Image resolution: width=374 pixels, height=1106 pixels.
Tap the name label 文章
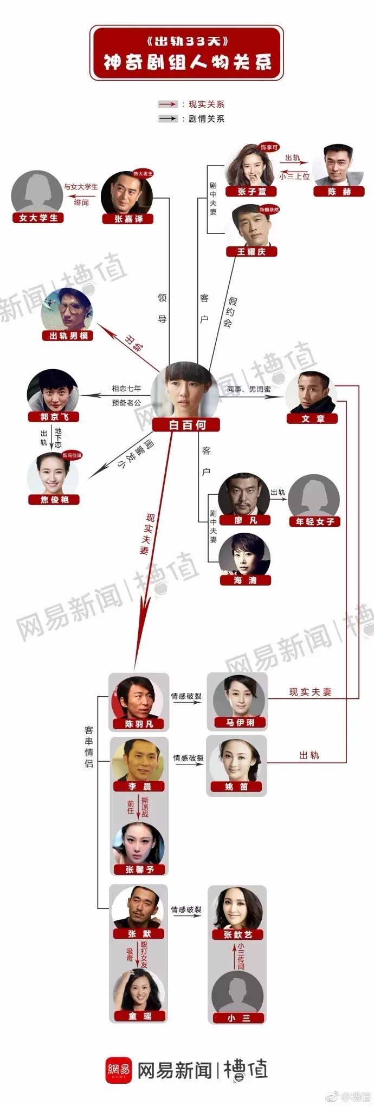(x=313, y=418)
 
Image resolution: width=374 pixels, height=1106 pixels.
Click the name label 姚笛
(x=236, y=787)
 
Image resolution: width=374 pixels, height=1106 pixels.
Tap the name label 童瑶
(x=139, y=1016)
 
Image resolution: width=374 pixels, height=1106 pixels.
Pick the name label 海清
(x=245, y=580)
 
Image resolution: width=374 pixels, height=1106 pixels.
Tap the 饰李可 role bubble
(x=269, y=147)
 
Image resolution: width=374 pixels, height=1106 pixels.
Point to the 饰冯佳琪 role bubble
(x=72, y=455)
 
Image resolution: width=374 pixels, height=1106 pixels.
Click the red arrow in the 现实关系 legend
(x=168, y=104)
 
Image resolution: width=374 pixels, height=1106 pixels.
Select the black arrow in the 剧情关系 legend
(x=168, y=119)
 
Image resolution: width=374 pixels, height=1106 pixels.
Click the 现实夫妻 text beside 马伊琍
(x=310, y=692)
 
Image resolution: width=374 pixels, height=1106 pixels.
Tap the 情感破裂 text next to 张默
(x=186, y=909)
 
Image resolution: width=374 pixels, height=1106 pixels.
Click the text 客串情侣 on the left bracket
(x=89, y=747)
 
